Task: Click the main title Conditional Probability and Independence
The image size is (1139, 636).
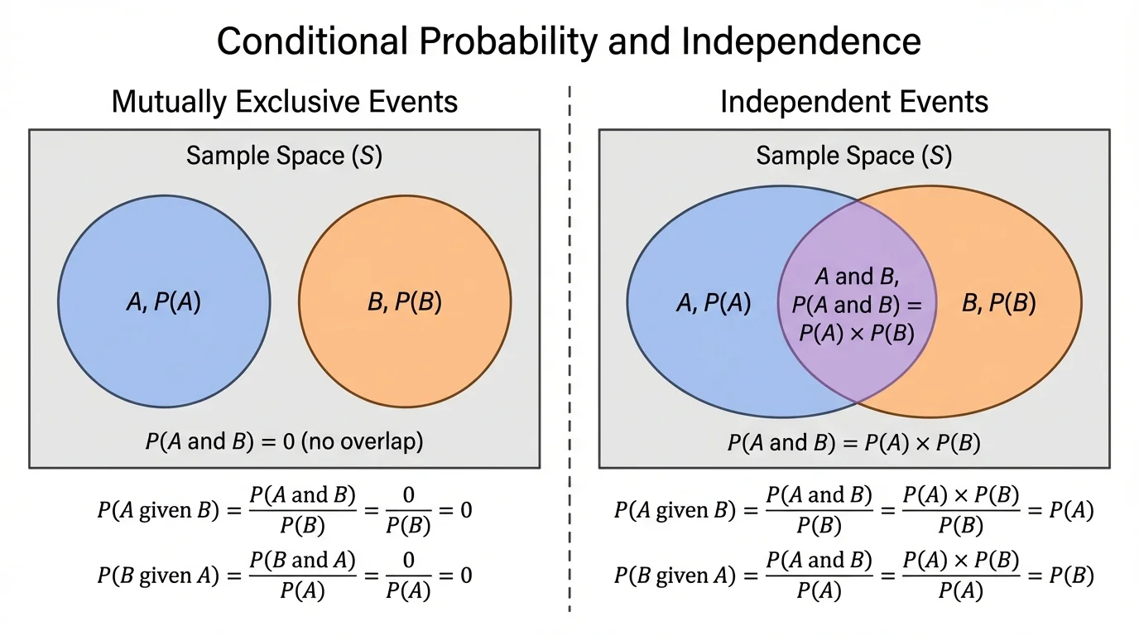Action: pyautogui.click(x=569, y=41)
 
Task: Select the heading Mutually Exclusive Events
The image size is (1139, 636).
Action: pyautogui.click(x=284, y=102)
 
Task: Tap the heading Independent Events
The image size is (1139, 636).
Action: pyautogui.click(x=853, y=102)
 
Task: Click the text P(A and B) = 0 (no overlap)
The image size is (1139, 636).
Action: pyautogui.click(x=284, y=441)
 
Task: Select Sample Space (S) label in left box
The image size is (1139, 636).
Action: pyautogui.click(x=284, y=156)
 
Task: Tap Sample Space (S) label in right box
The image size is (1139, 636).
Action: pyautogui.click(x=853, y=156)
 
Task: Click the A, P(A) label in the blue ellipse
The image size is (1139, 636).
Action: pyautogui.click(x=713, y=304)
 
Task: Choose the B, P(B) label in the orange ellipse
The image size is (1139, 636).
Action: pyautogui.click(x=998, y=304)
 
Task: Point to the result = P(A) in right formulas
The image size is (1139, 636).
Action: pyautogui.click(x=1061, y=511)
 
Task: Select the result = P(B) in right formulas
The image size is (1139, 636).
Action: pyautogui.click(x=1061, y=576)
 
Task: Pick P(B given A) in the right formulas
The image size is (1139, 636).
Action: pyautogui.click(x=675, y=576)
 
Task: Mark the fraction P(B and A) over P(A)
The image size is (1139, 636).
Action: pyautogui.click(x=302, y=576)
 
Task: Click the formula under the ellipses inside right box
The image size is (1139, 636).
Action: pyautogui.click(x=853, y=443)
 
